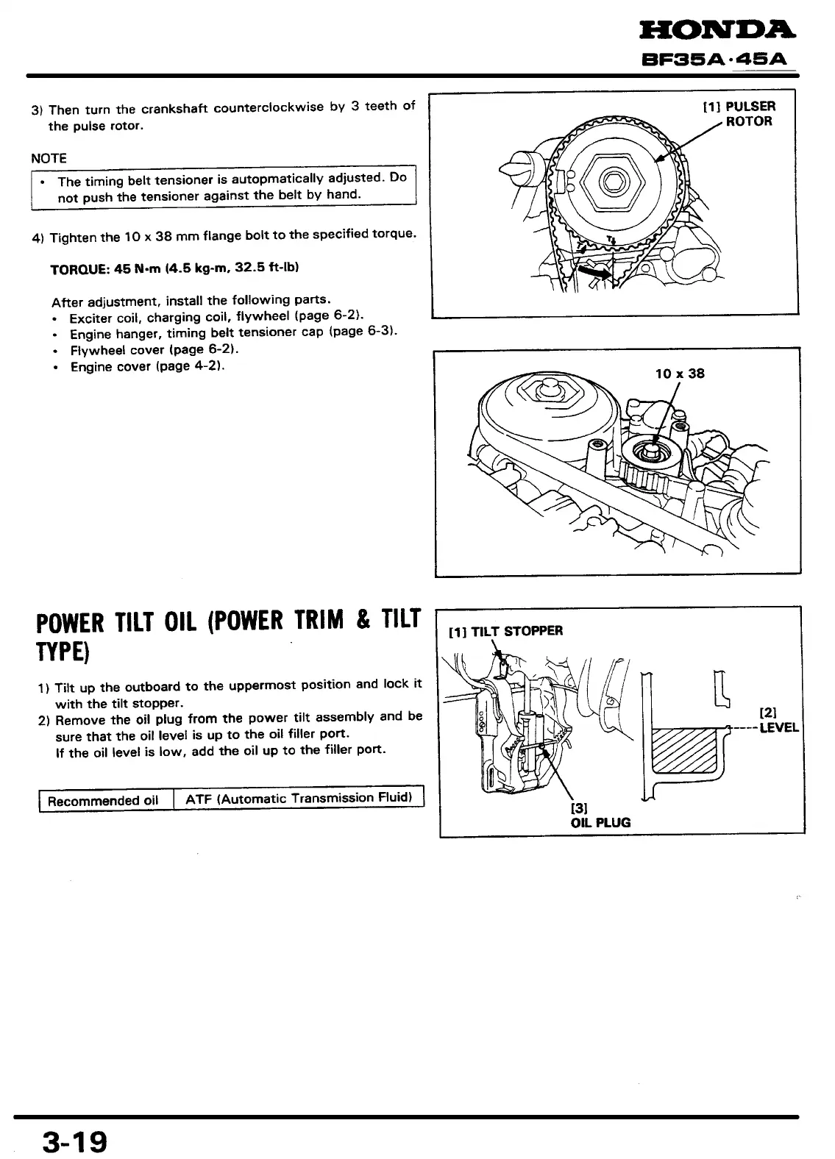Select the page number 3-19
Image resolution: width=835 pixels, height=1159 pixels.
[x=74, y=1141]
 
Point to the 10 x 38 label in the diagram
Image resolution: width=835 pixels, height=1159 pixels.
[x=679, y=373]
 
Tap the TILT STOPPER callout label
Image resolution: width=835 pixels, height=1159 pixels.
[x=506, y=630]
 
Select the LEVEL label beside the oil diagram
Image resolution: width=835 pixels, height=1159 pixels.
[x=778, y=729]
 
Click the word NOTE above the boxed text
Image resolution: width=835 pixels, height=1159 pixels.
[x=49, y=158]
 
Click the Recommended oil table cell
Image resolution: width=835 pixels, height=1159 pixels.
[x=103, y=800]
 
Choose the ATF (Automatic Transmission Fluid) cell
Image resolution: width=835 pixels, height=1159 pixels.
[x=299, y=798]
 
